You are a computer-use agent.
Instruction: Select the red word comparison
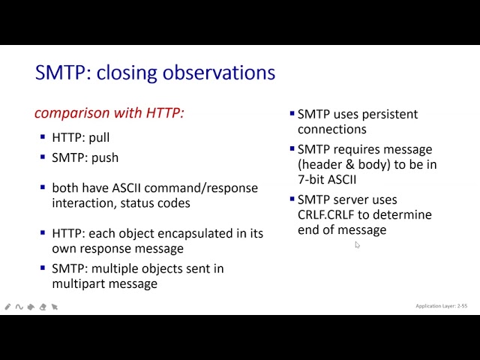click(71, 112)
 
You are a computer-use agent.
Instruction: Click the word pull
click(99, 138)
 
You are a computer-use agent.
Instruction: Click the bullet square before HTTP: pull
click(43, 137)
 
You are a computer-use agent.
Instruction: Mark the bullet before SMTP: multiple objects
click(43, 268)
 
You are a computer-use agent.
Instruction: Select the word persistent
click(389, 114)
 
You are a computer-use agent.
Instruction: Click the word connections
click(331, 129)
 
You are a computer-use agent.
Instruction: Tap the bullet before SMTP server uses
click(292, 199)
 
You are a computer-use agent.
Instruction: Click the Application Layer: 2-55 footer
click(441, 306)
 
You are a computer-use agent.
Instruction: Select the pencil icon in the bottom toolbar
click(8, 307)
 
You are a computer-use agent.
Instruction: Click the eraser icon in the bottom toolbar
click(43, 307)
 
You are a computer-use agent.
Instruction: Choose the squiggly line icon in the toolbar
click(19, 307)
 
